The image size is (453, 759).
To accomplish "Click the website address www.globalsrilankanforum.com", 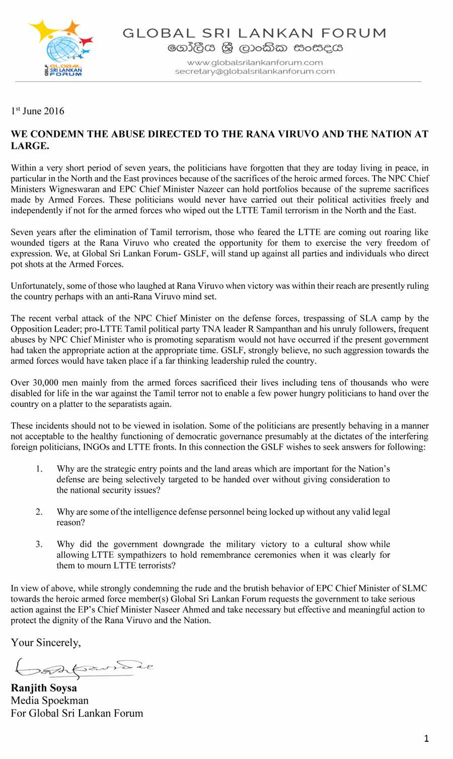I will point(255,62).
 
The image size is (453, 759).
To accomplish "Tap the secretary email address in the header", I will point(255,71).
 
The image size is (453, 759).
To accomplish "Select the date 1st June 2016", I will point(38,111).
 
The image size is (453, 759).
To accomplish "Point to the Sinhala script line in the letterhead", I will point(255,49).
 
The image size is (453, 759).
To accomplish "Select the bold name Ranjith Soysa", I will point(44,688).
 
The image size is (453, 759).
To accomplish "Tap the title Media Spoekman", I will point(49,700).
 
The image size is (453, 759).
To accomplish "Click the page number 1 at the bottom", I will point(426,738).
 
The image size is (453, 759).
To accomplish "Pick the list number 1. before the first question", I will point(39,469).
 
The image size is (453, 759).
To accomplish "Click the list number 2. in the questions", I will point(39,512).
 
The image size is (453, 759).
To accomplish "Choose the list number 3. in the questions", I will point(39,544).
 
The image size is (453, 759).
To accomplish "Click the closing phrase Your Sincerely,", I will point(46,642).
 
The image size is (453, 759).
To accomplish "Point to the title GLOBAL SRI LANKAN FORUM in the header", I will point(255,33).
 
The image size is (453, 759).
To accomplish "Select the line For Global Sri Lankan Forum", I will point(77,713).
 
